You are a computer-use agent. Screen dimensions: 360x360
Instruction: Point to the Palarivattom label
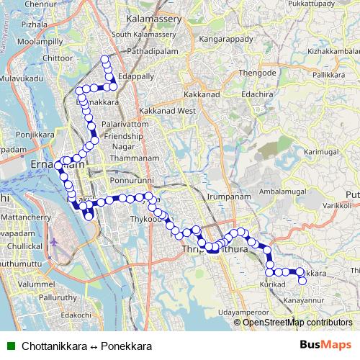coord(125,124)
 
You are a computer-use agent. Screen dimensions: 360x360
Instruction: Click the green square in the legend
coord(9,346)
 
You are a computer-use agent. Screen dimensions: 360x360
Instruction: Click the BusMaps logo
coord(325,346)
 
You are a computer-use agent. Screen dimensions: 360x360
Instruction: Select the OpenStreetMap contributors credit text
coord(297,323)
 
